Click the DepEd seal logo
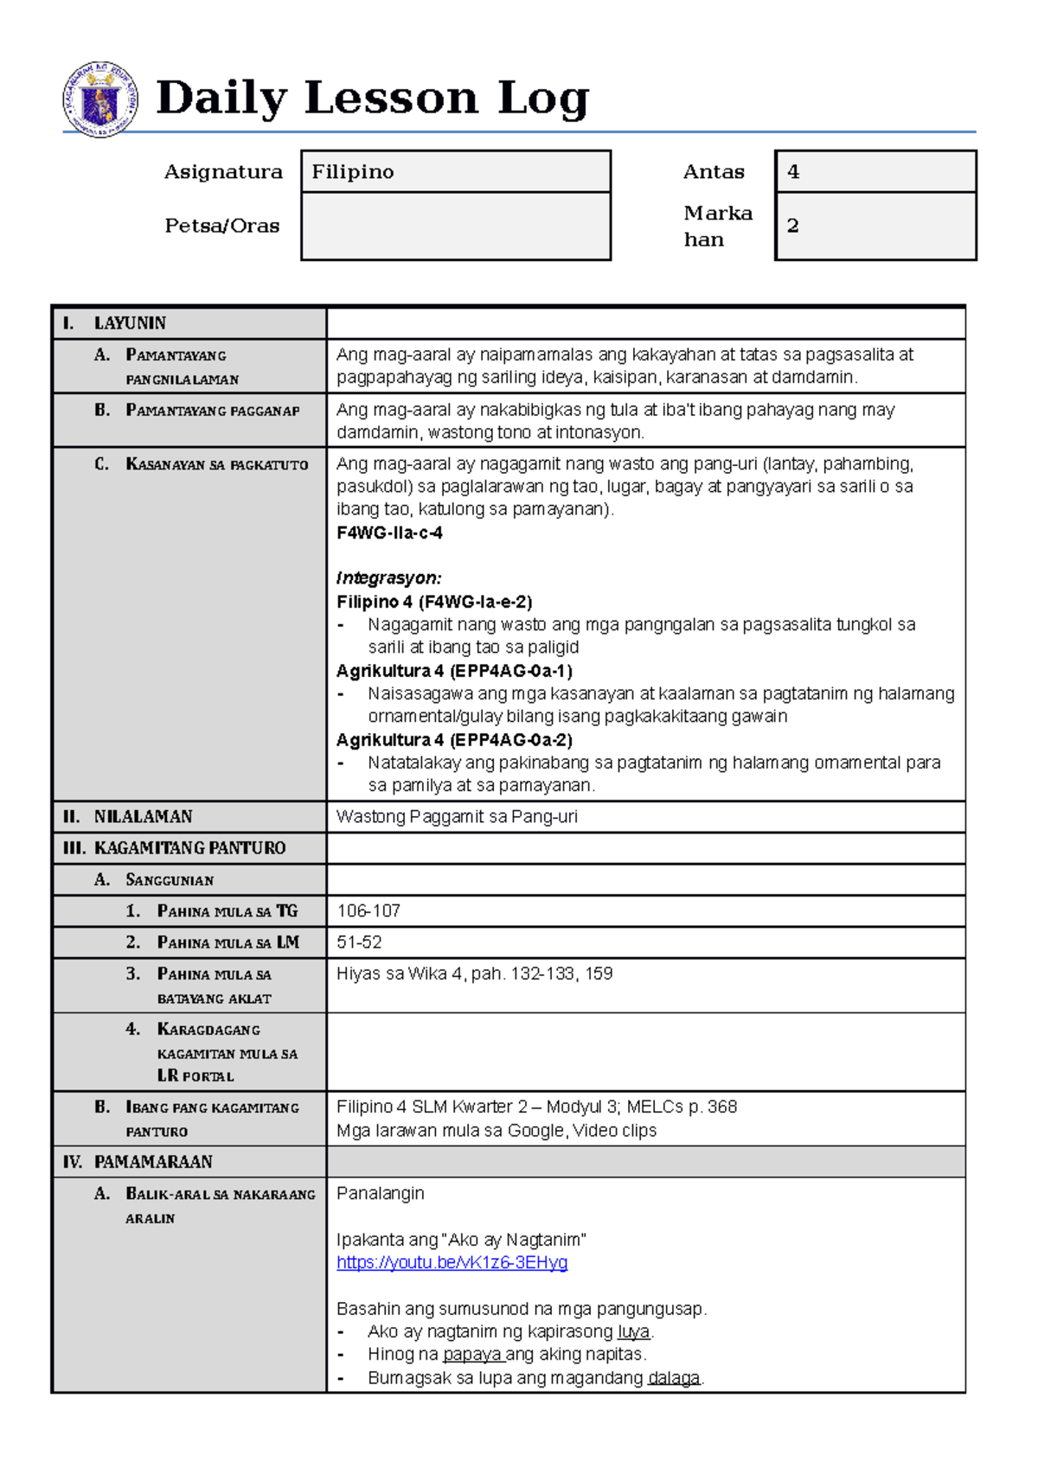99,99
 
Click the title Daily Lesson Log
372,98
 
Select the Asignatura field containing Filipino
456,172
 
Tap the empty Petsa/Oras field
456,227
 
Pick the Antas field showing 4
875,172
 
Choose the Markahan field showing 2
875,227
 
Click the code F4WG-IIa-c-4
389,533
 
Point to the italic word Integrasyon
388,578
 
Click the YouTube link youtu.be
452,1263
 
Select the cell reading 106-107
368,911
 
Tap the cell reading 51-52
359,942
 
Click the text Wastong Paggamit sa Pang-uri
457,817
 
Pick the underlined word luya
634,1332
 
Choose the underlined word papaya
472,1355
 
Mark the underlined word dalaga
674,1378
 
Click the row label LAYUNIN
130,323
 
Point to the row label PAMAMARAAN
153,1162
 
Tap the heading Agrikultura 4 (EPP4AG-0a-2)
454,740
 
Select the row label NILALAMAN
143,817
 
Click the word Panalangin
381,1194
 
